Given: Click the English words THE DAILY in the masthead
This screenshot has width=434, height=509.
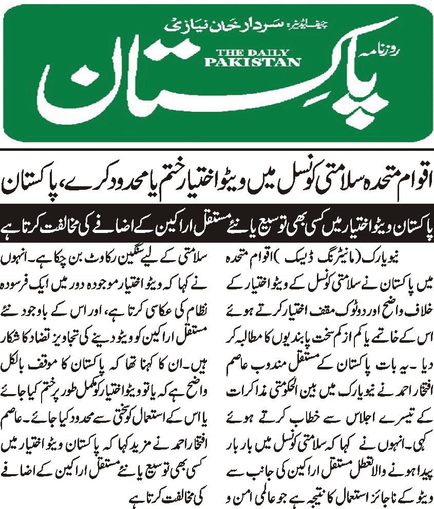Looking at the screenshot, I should [x=253, y=52].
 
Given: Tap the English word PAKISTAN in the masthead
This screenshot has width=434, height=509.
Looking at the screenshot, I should [x=253, y=62].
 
